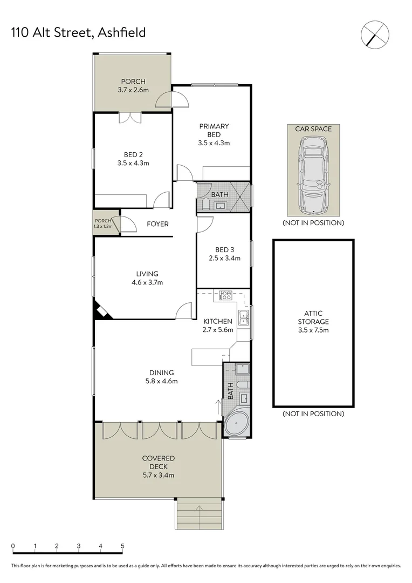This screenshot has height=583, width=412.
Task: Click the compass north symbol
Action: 375,33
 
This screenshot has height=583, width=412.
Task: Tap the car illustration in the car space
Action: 313,174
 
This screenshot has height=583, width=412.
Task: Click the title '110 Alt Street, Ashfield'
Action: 78,33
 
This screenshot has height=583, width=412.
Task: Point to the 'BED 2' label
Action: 133,154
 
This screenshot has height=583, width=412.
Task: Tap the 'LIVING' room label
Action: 147,274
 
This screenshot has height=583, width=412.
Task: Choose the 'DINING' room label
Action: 162,372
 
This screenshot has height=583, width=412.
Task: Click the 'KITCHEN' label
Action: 217,322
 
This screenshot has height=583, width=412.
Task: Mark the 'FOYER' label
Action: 157,224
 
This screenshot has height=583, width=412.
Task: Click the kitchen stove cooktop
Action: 226,295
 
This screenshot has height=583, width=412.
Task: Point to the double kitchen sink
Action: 244,318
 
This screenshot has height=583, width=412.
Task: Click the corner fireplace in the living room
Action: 102,312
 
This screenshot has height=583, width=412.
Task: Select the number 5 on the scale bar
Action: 122,546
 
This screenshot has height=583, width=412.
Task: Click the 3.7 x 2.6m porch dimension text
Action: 133,90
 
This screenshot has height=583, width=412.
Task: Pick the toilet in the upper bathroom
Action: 205,204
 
